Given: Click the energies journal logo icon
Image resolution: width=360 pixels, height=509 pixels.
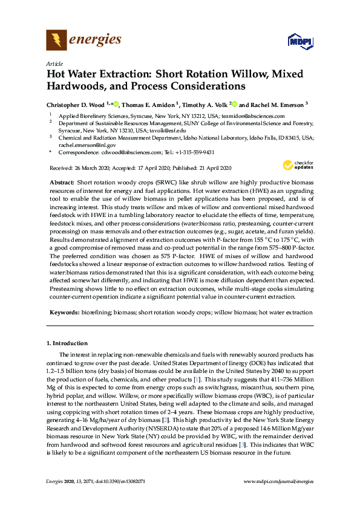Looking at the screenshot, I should pyautogui.click(x=56, y=41).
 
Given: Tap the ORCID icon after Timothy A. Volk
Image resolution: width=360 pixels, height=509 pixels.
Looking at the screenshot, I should pyautogui.click(x=235, y=103).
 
